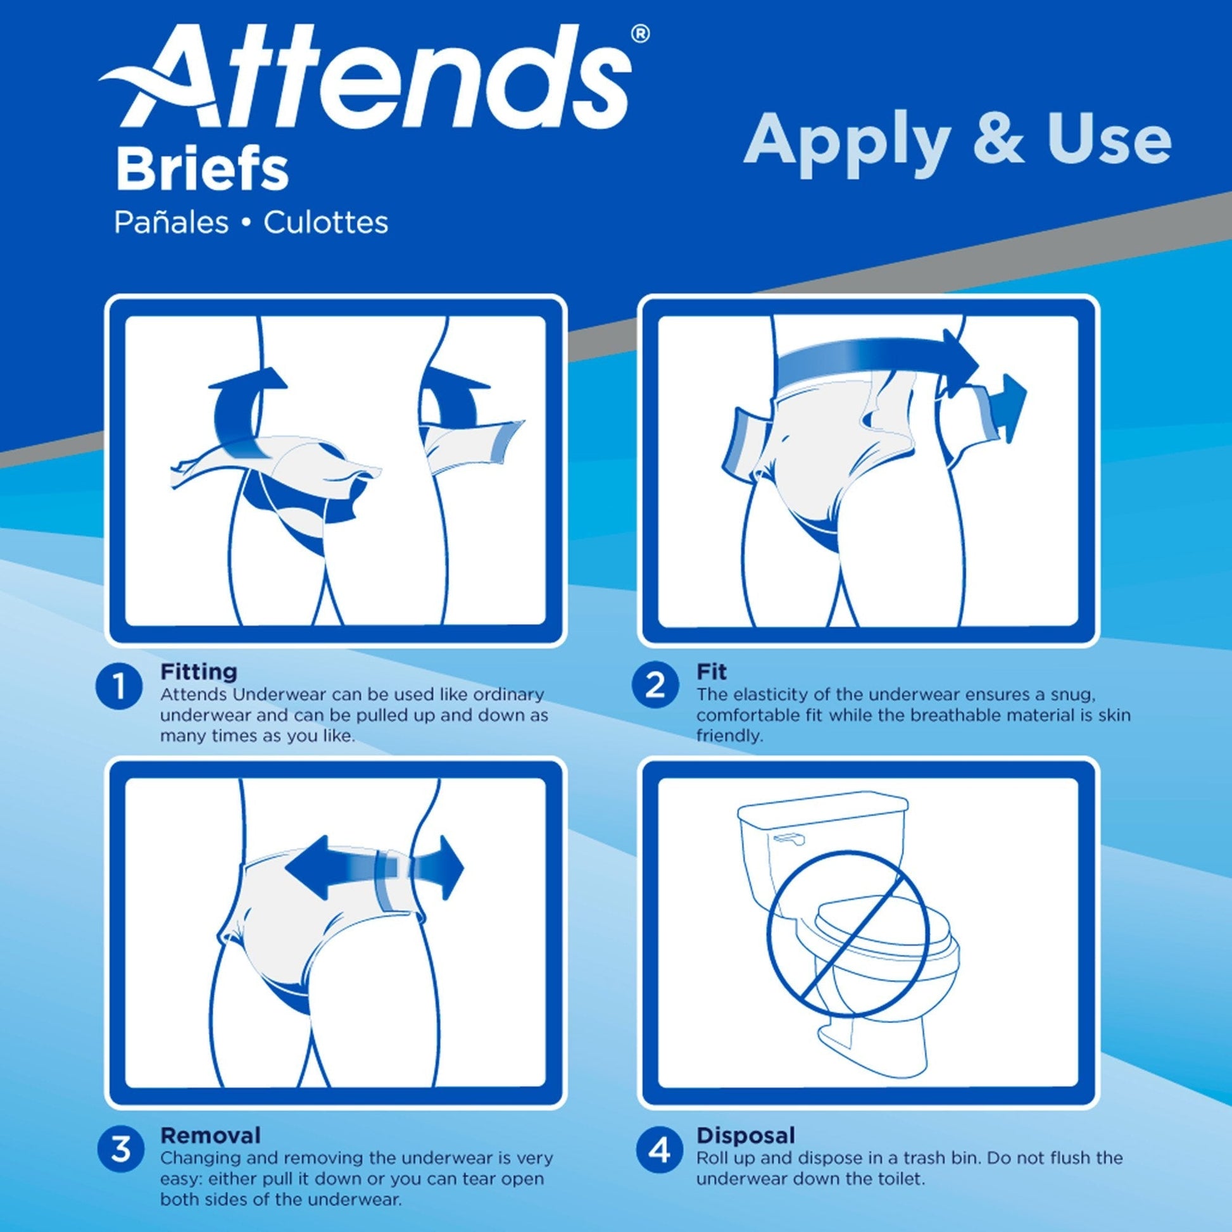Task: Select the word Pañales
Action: pyautogui.click(x=171, y=223)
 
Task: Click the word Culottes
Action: pyautogui.click(x=325, y=223)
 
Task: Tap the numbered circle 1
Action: pyautogui.click(x=119, y=688)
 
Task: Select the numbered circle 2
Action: pyautogui.click(x=655, y=686)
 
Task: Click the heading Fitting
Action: pyautogui.click(x=198, y=672)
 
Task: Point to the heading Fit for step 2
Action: pyautogui.click(x=711, y=672)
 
